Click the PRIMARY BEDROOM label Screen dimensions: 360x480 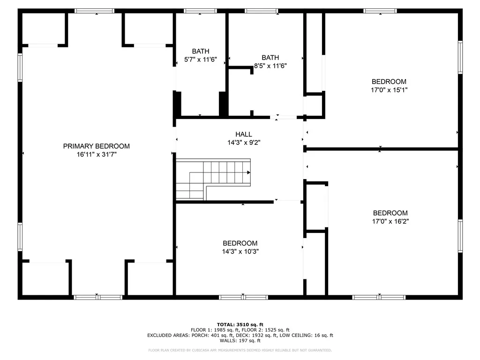click(x=96, y=146)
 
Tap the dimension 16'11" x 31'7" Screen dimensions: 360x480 click(x=96, y=154)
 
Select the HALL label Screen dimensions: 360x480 click(x=243, y=135)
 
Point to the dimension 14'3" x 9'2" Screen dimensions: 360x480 click(x=243, y=142)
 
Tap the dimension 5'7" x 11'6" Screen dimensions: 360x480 click(x=200, y=60)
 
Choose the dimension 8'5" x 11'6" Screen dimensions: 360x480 click(x=270, y=66)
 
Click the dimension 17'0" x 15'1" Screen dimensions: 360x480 click(x=389, y=90)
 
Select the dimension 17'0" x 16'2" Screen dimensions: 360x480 click(x=390, y=221)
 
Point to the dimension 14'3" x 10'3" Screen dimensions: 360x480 click(x=240, y=251)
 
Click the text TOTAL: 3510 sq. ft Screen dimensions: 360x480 click(x=240, y=324)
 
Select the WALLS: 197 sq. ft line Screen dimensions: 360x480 click(x=240, y=341)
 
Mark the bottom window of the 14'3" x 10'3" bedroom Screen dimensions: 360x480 click(x=243, y=297)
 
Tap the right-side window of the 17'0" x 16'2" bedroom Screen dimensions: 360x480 click(x=460, y=236)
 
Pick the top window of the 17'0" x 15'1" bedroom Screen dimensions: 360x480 click(x=380, y=11)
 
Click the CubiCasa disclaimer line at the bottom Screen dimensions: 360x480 click(x=240, y=350)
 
